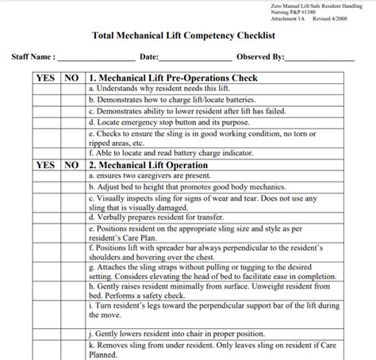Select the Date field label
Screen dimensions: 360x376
point(148,58)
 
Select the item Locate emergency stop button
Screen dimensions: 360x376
point(159,124)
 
